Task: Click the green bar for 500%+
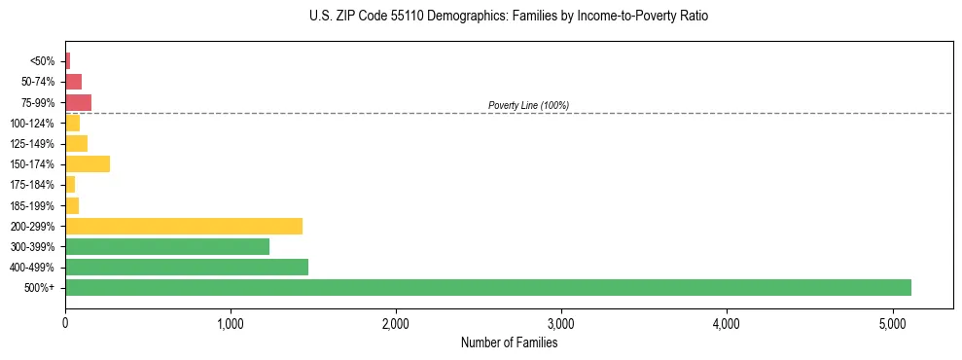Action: click(487, 287)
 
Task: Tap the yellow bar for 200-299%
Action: click(184, 226)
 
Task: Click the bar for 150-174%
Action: click(88, 163)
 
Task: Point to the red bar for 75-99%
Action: click(78, 102)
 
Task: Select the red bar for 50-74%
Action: click(73, 81)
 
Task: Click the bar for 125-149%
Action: click(76, 143)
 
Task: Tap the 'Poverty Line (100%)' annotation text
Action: click(528, 105)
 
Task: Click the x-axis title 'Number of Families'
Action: click(509, 342)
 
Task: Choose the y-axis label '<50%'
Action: click(43, 60)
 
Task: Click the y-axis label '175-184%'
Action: click(34, 185)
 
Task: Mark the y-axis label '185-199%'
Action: click(34, 205)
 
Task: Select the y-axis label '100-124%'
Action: click(34, 123)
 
